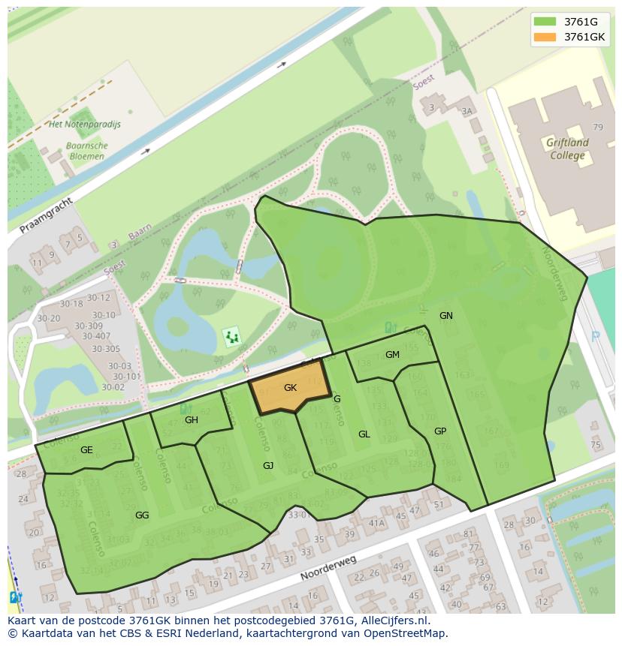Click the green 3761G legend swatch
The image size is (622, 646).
pos(545,22)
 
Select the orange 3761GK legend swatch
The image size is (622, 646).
pos(545,37)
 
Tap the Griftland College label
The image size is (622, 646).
pos(567,149)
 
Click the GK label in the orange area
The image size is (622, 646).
pos(291,388)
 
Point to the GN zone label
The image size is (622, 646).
pos(446,315)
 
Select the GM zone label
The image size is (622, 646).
pos(392,354)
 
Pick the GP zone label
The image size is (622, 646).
pos(440,431)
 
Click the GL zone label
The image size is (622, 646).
pos(364,434)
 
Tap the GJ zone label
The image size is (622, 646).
pos(268,466)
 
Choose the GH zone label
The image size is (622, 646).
pos(192,420)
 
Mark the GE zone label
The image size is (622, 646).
pos(86,449)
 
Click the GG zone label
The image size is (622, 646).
pos(142,515)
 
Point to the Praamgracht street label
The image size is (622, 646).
pos(46,215)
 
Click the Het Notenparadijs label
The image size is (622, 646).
pos(84,125)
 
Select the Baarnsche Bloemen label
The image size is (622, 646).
pos(87,151)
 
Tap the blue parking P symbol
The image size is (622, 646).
pos(596,337)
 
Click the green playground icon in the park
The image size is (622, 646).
pos(232,337)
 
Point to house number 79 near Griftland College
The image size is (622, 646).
pos(598,128)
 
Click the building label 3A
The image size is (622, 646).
pos(467,111)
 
